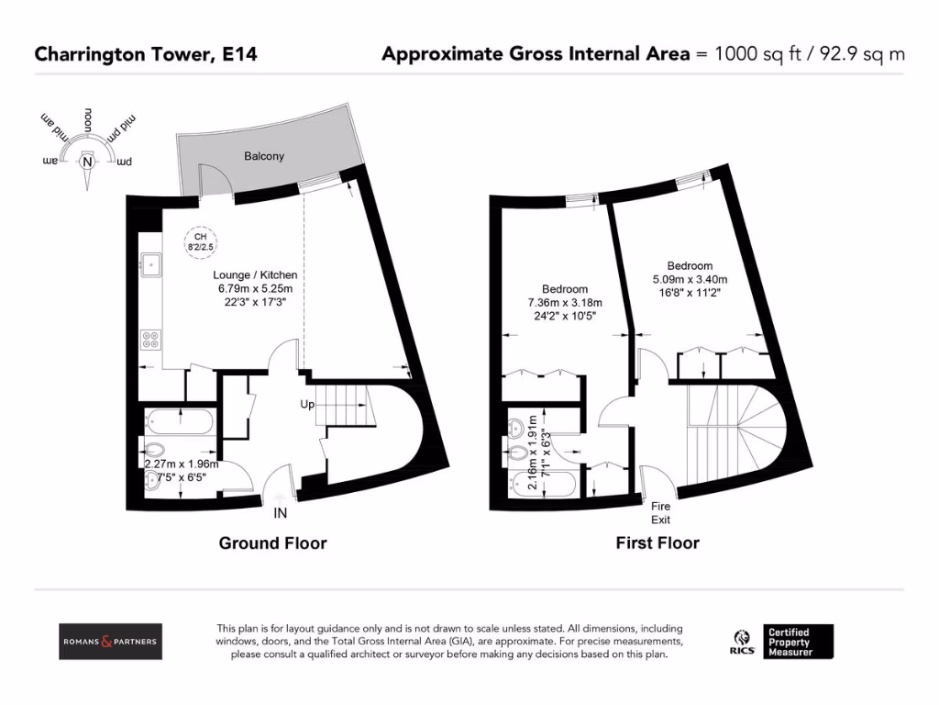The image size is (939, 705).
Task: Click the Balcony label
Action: [x=263, y=156]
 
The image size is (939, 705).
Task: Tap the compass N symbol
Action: [x=88, y=162]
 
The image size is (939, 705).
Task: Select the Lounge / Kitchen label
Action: [x=255, y=274]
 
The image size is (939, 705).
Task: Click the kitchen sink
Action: [x=149, y=265]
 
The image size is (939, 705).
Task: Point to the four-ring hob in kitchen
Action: [x=149, y=340]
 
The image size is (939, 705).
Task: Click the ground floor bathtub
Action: [x=180, y=423]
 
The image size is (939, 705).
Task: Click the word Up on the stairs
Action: [x=308, y=404]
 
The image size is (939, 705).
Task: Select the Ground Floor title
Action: [x=272, y=543]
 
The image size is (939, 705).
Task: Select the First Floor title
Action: [x=657, y=543]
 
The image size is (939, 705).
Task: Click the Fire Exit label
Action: [x=660, y=512]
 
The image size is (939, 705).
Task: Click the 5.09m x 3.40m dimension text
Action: [x=690, y=280]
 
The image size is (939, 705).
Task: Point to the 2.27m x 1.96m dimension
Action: [x=181, y=464]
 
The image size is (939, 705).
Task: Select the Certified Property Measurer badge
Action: [x=799, y=641]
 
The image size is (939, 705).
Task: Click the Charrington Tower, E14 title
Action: [x=146, y=54]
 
